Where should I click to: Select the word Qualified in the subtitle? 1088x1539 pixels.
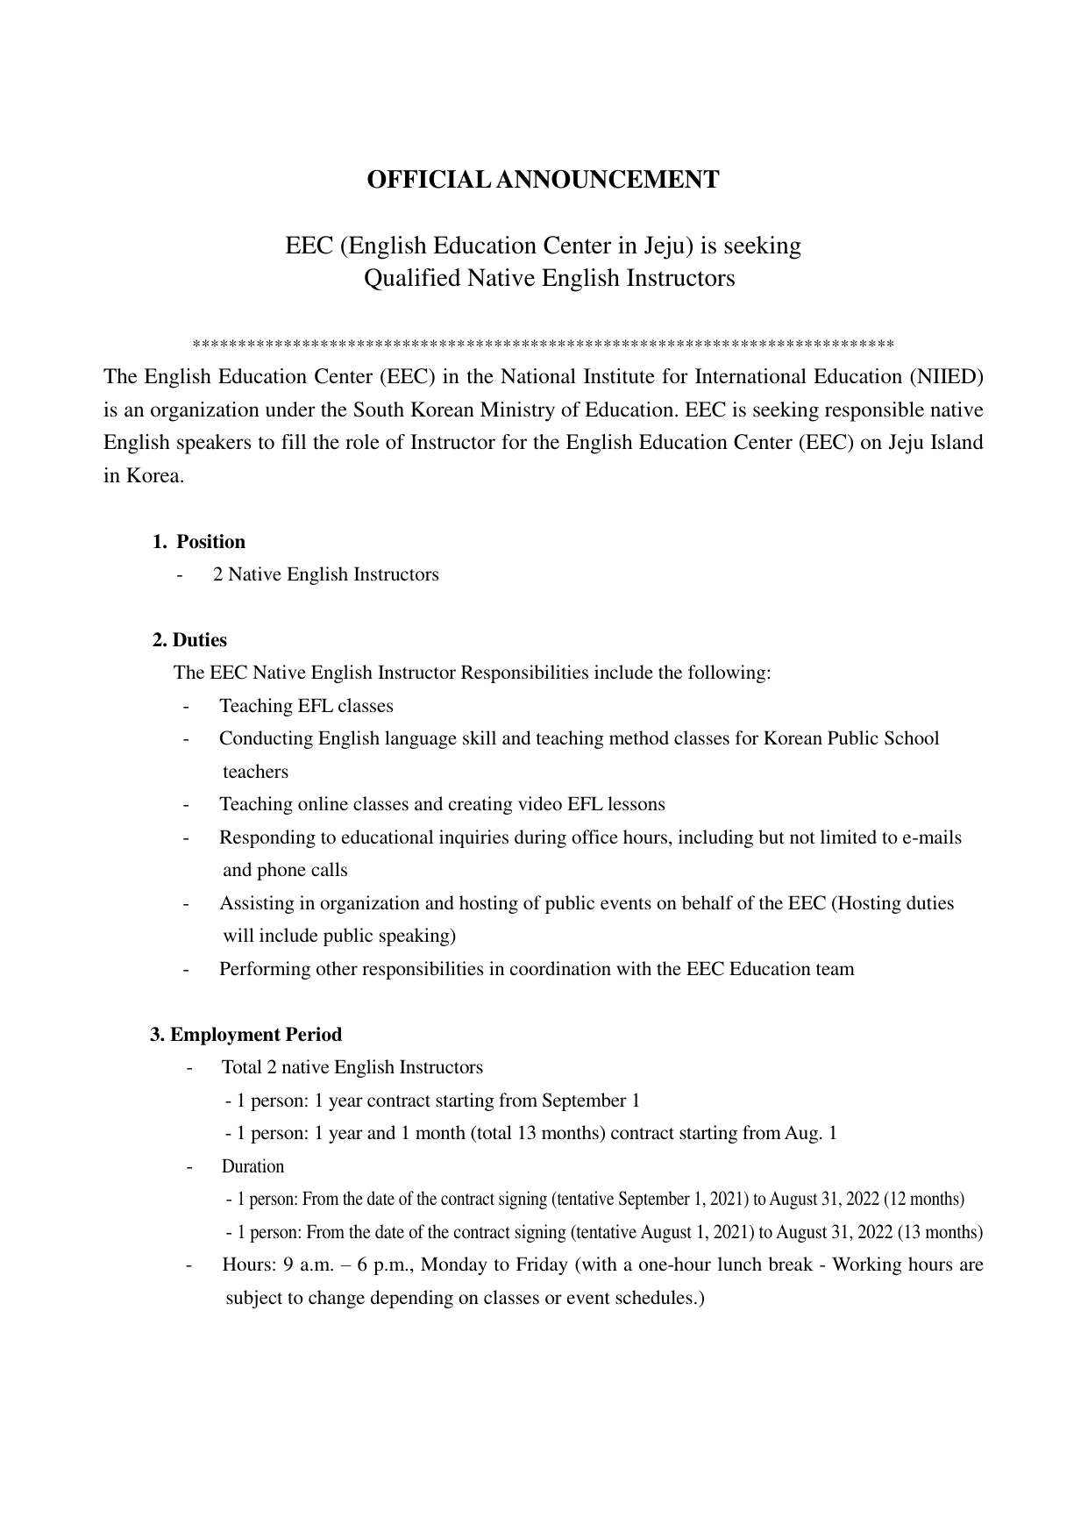tap(411, 279)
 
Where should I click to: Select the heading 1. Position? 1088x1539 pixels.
tap(199, 542)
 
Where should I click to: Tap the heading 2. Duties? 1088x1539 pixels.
tap(189, 640)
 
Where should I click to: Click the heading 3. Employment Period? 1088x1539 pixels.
tap(246, 1035)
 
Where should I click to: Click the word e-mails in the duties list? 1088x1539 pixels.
tap(932, 837)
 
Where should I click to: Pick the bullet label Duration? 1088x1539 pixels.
tap(252, 1167)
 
